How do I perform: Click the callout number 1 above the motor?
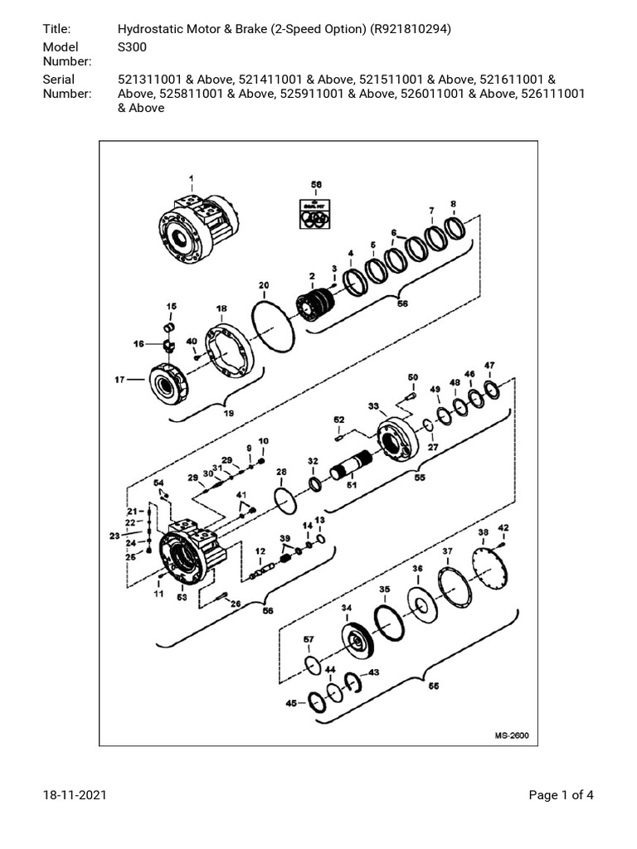point(191,178)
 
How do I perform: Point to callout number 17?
point(119,381)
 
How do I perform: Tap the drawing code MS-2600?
point(512,735)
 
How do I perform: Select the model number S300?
point(133,47)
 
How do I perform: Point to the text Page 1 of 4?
point(562,796)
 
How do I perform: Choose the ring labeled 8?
point(454,226)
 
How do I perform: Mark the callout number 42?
point(503,528)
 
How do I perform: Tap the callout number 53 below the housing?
point(182,596)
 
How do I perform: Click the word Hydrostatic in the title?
point(154,29)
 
